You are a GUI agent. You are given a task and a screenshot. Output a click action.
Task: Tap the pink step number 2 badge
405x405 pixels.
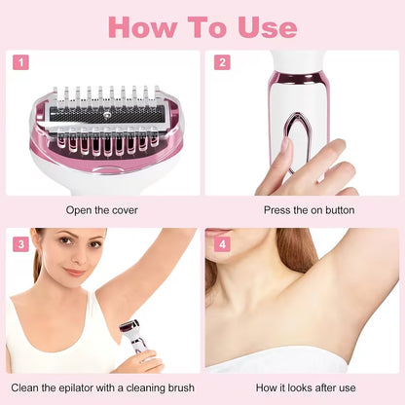click(222, 62)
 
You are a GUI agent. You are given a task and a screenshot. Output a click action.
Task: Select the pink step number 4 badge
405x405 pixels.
click(222, 243)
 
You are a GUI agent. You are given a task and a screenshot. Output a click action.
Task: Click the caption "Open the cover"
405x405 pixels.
click(102, 209)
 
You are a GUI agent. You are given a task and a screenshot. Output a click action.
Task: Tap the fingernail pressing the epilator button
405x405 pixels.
click(286, 147)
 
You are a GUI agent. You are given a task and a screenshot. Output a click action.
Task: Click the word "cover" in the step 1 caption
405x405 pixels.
click(125, 209)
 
